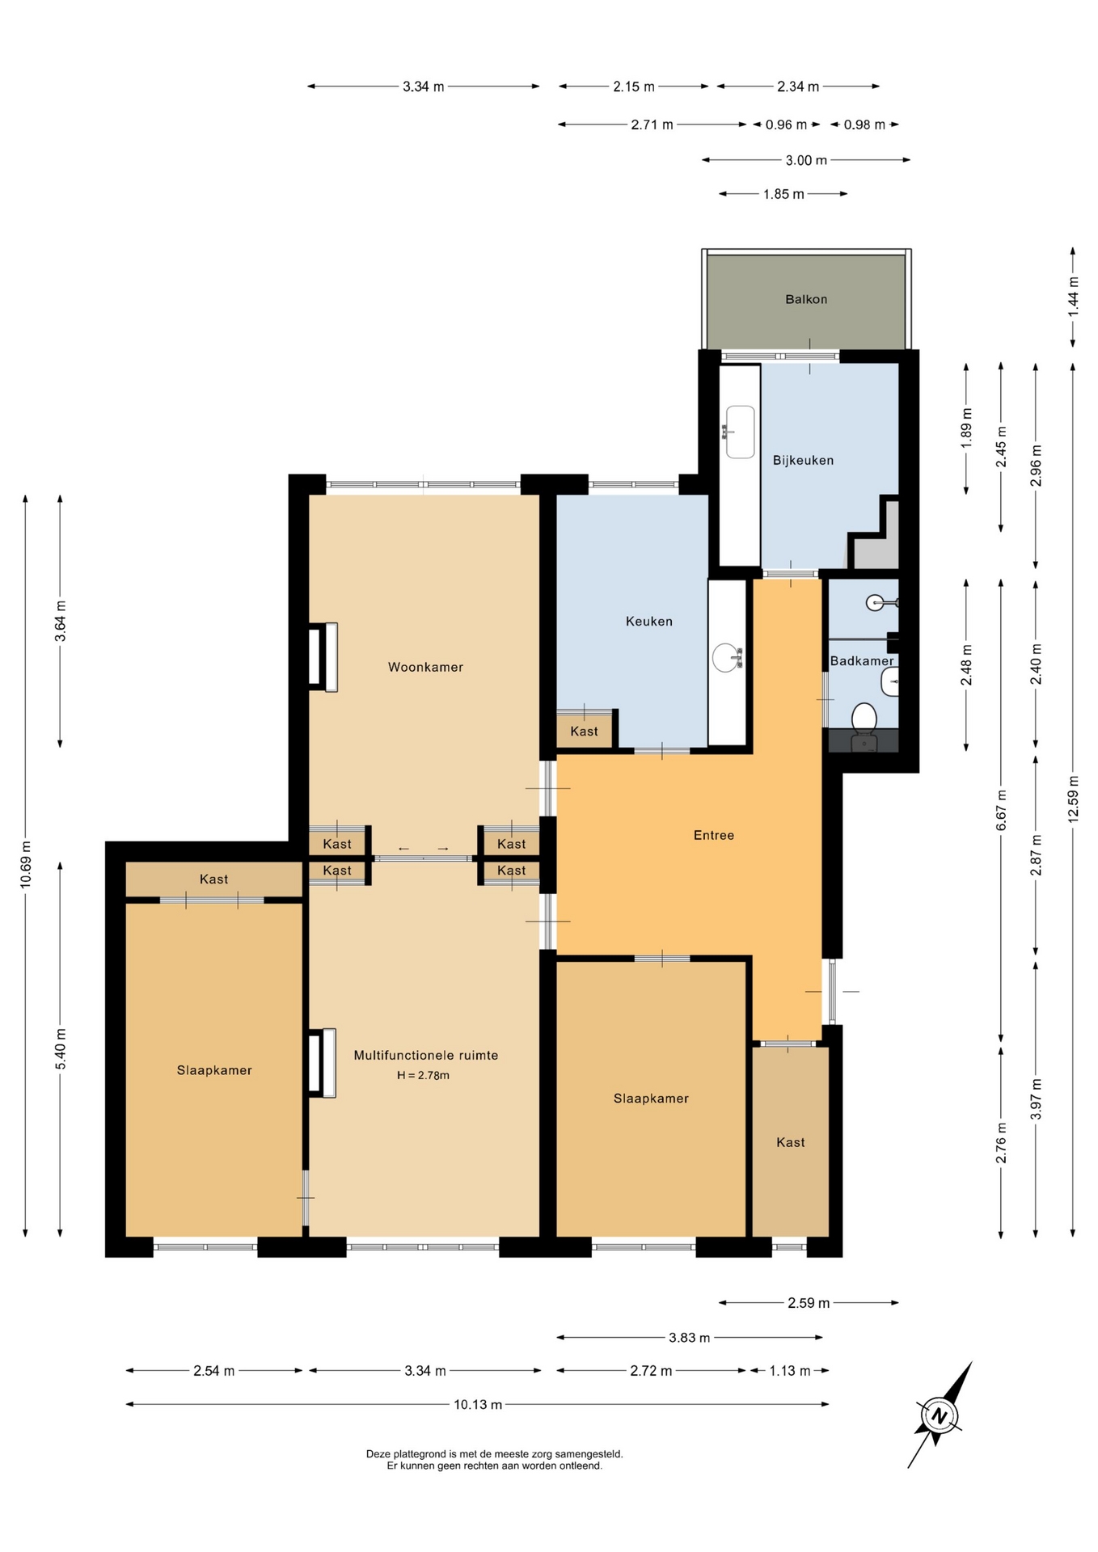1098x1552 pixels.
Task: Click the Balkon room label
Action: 806,299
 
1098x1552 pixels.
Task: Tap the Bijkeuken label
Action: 803,460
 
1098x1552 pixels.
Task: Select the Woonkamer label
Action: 425,667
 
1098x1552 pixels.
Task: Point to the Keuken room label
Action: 649,621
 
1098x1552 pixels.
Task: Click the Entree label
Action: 714,835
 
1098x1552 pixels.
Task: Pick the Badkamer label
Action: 862,660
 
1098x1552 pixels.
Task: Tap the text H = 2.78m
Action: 423,1075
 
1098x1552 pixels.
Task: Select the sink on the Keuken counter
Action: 727,657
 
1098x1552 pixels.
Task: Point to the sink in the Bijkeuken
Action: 739,432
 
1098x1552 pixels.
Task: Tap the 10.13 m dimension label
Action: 478,1404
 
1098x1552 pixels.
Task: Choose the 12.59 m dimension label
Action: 1073,799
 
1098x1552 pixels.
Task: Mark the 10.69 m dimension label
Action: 26,865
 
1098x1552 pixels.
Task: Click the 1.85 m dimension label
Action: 783,194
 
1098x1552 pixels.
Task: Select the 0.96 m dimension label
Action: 786,124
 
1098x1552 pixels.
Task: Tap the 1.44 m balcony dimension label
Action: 1073,296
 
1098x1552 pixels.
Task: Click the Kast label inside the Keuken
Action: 584,731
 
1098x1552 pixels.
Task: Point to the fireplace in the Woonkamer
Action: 323,657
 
